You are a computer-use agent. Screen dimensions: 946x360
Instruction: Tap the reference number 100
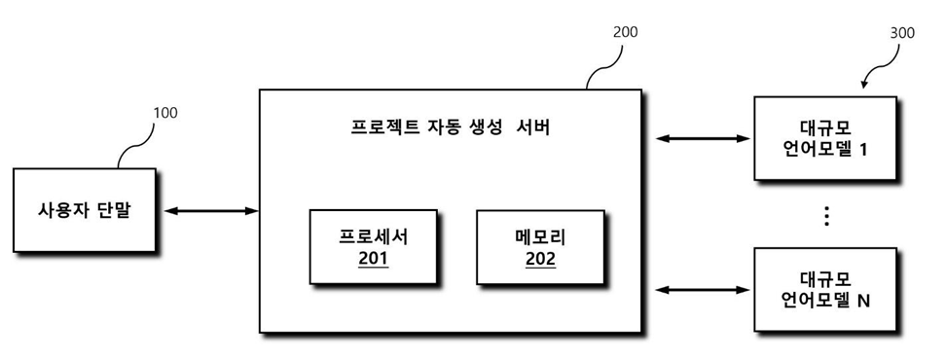click(165, 113)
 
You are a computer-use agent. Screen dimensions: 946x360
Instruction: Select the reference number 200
click(626, 32)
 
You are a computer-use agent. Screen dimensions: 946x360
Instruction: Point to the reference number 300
click(901, 32)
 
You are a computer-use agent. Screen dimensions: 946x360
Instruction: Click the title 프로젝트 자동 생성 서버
click(450, 127)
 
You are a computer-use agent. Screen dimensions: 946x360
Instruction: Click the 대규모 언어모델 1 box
click(825, 138)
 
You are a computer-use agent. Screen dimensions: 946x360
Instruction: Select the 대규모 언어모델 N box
click(825, 288)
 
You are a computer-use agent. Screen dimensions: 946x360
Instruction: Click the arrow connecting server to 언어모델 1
click(703, 138)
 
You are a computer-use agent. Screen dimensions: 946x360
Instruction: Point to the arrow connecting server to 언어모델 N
click(703, 288)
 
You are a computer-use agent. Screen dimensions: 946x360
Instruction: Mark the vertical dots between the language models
click(826, 216)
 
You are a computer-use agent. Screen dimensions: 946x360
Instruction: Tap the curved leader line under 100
click(134, 144)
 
